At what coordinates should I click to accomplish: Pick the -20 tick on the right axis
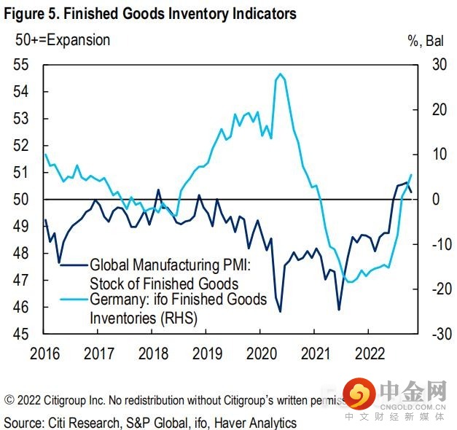click(435, 289)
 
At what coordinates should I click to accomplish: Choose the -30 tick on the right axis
click(435, 334)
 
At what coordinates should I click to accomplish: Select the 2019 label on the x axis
click(207, 353)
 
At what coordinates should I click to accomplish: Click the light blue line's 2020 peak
click(280, 74)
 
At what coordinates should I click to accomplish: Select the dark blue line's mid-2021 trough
click(339, 310)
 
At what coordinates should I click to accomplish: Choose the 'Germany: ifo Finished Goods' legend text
click(178, 300)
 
